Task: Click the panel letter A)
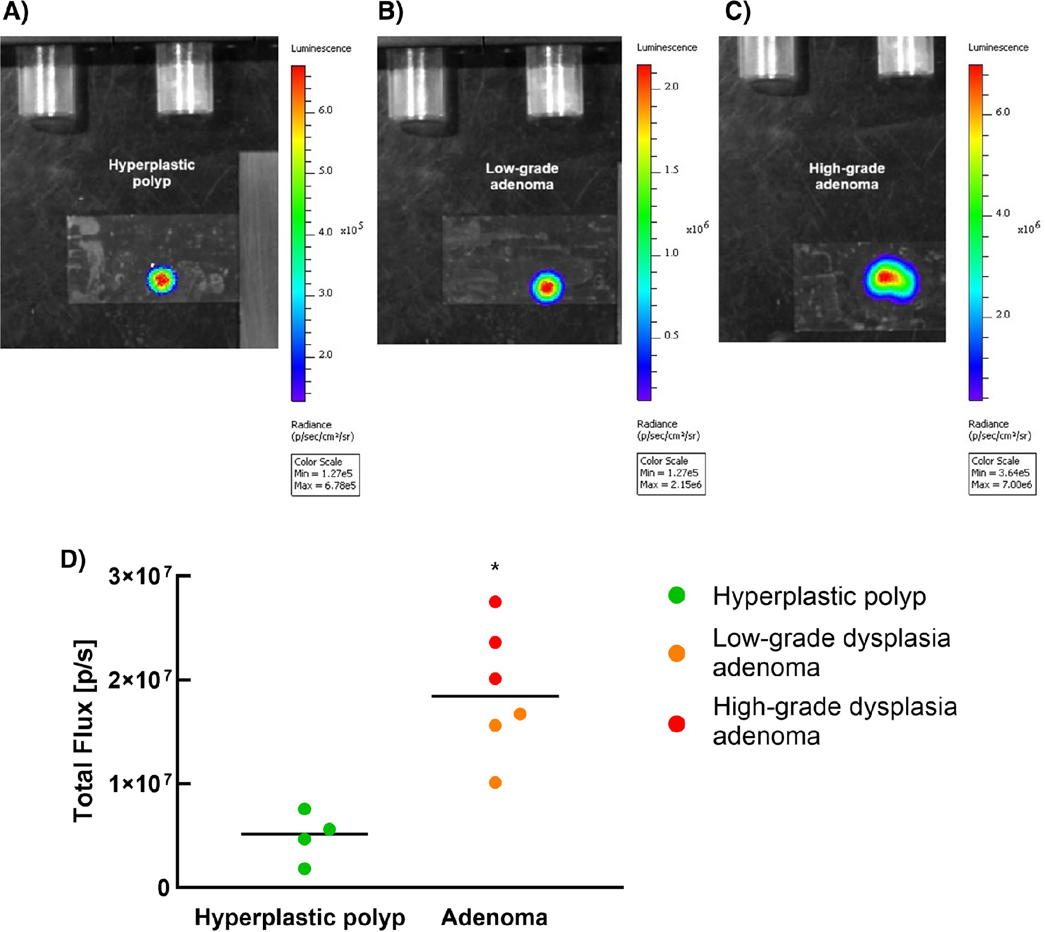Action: [15, 12]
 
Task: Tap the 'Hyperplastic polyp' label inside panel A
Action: [151, 173]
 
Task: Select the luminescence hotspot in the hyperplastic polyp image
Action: [162, 279]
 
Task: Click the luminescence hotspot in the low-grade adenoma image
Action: [547, 287]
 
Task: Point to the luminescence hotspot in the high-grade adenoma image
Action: [891, 279]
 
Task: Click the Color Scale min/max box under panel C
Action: [1002, 474]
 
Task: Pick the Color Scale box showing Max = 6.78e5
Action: [325, 475]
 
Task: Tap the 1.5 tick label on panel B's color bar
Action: [671, 170]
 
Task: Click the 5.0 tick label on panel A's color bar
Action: [325, 170]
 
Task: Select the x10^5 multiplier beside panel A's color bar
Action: [352, 229]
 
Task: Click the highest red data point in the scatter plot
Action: [495, 602]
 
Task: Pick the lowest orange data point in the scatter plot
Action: [495, 782]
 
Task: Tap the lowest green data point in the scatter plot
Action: [305, 868]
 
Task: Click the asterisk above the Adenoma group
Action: [495, 567]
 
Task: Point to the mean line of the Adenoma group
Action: [495, 696]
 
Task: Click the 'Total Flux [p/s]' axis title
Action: [84, 731]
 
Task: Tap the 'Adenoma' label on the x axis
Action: [494, 917]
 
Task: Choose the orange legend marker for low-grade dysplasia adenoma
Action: [677, 653]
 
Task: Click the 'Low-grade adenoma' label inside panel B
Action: [521, 176]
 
